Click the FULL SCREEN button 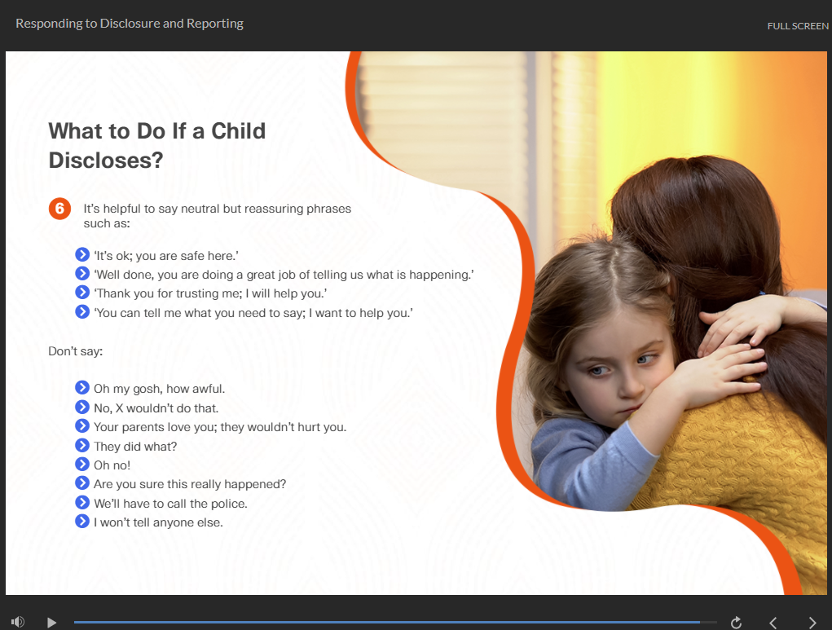pyautogui.click(x=798, y=26)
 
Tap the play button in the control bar pyautogui.click(x=51, y=622)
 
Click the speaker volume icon pyautogui.click(x=17, y=622)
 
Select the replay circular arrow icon pyautogui.click(x=736, y=622)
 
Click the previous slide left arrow pyautogui.click(x=773, y=623)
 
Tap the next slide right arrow pyautogui.click(x=812, y=623)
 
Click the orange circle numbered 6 pyautogui.click(x=60, y=209)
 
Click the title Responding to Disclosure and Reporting pyautogui.click(x=130, y=24)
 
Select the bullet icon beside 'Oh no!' pyautogui.click(x=82, y=465)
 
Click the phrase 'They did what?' pyautogui.click(x=135, y=447)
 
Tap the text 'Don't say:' pyautogui.click(x=75, y=350)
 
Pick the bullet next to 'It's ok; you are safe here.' pyautogui.click(x=82, y=255)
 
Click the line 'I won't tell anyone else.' pyautogui.click(x=158, y=522)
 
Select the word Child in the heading pyautogui.click(x=238, y=131)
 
